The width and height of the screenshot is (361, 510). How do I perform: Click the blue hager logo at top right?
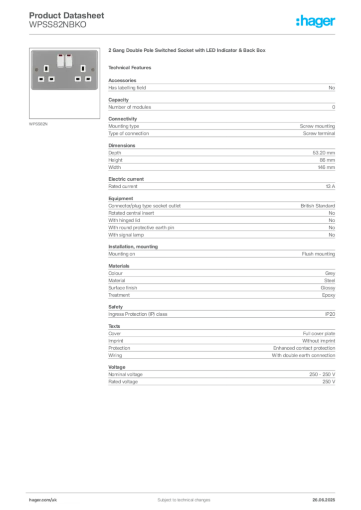pos(317,21)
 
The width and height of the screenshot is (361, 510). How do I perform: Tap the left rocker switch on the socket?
pos(60,61)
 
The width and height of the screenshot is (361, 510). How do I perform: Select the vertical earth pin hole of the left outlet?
pos(46,68)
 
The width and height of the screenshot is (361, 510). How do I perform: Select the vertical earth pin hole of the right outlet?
pos(83,68)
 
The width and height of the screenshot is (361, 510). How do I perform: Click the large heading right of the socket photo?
pos(187,51)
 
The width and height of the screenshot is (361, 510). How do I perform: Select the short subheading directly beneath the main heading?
pos(132,67)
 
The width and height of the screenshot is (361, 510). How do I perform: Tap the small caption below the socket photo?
pos(39,124)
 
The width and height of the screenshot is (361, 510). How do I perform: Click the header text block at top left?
pos(67,20)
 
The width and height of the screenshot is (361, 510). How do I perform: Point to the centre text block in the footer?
pos(180,497)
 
